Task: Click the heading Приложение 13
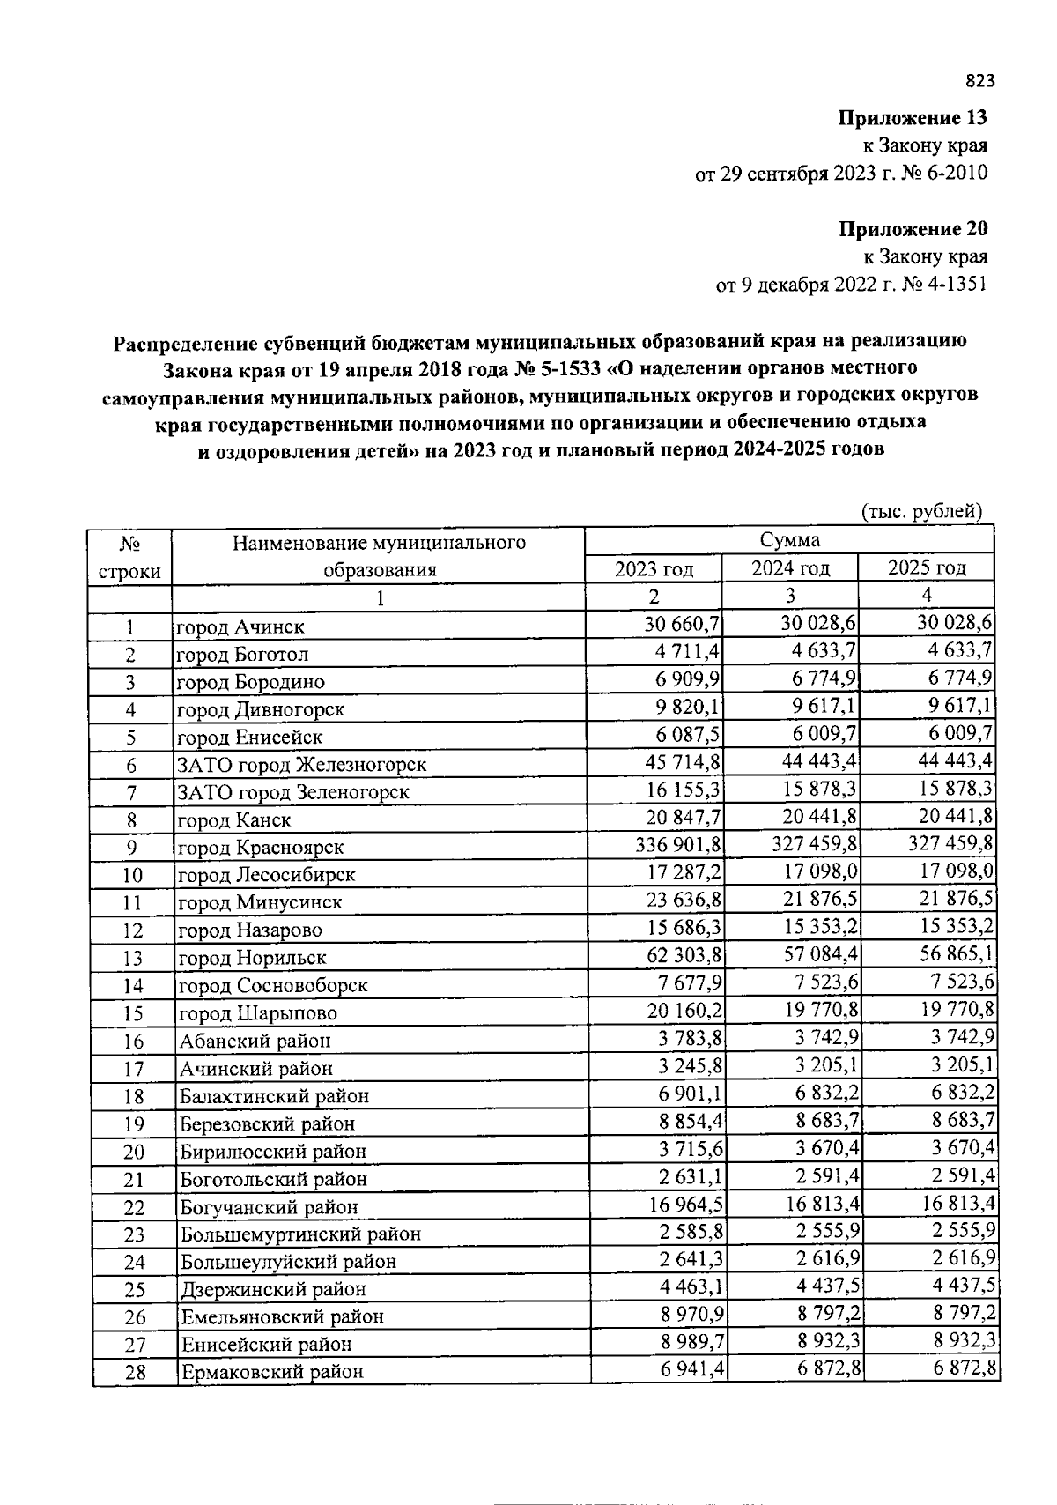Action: [912, 117]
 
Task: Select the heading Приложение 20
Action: [912, 229]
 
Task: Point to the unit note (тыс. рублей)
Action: [920, 511]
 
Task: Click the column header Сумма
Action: [789, 540]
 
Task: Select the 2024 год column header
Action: [790, 567]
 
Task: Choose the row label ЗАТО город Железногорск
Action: [302, 765]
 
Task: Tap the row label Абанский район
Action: [255, 1041]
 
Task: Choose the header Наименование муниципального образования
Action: [379, 555]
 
